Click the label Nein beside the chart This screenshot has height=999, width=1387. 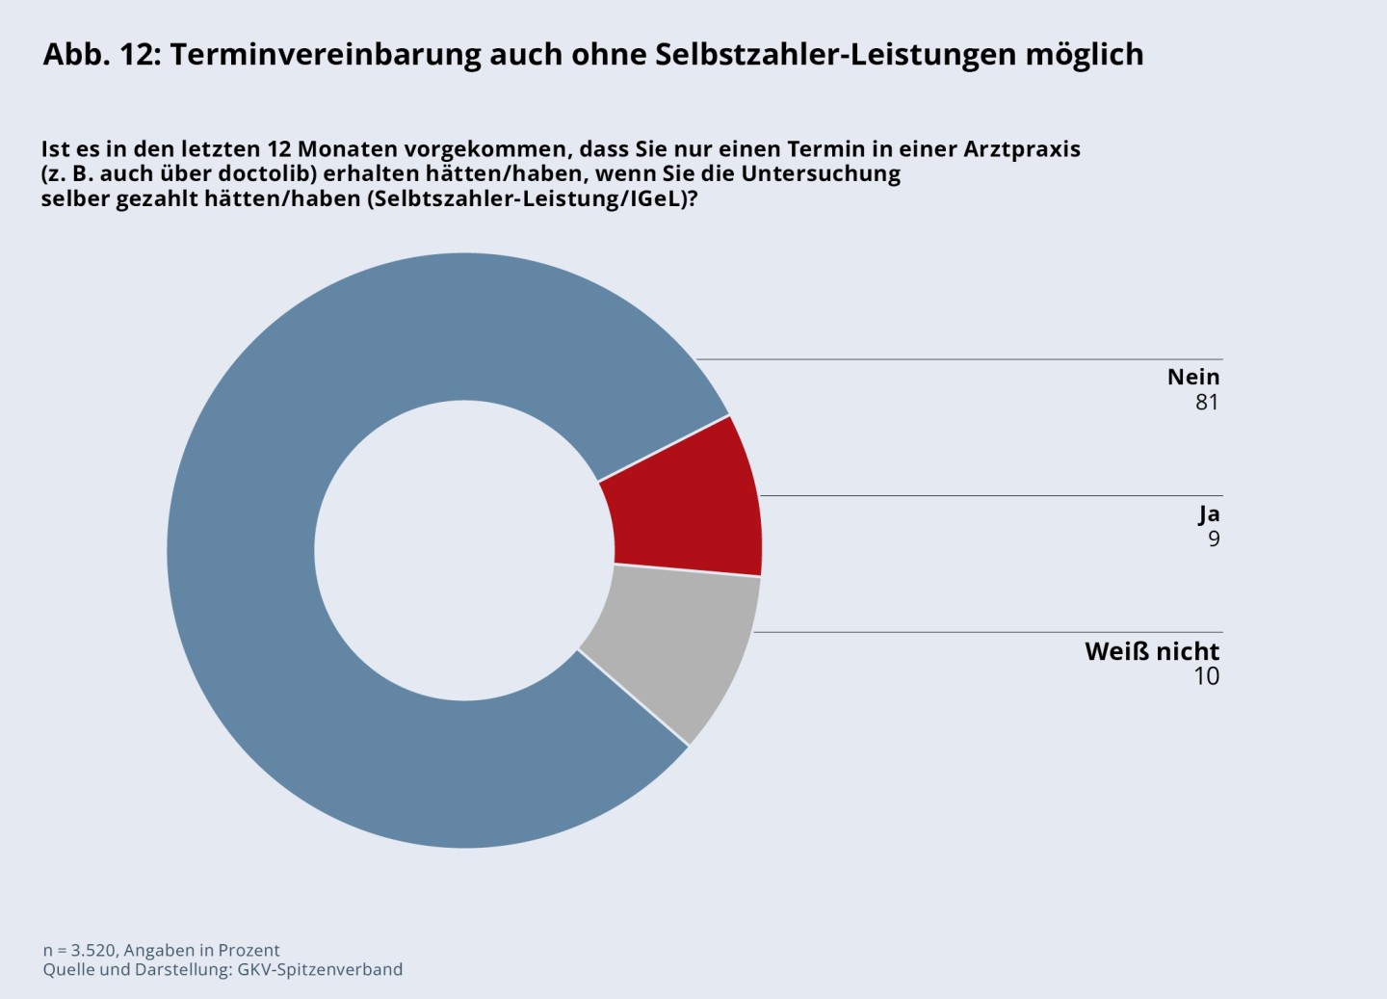click(1193, 377)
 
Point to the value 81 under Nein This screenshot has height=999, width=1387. click(1207, 403)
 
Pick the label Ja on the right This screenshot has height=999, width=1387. click(1209, 513)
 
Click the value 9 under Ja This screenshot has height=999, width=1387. click(1214, 539)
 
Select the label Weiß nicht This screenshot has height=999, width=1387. click(1152, 651)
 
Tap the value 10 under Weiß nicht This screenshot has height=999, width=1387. click(1206, 676)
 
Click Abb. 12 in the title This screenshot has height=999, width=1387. click(101, 55)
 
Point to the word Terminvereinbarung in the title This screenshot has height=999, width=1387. click(325, 55)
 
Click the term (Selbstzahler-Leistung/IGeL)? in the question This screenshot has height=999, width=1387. click(532, 199)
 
